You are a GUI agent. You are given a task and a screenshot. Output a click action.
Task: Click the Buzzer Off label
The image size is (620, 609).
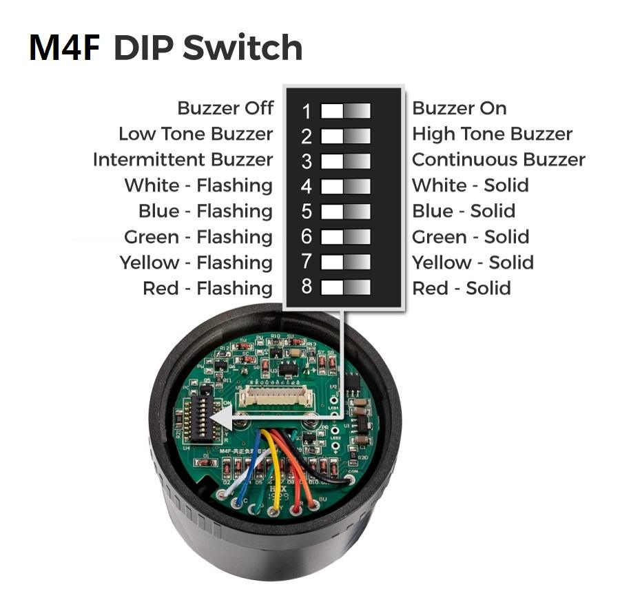225,108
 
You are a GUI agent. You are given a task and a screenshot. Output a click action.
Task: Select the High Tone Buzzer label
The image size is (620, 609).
492,134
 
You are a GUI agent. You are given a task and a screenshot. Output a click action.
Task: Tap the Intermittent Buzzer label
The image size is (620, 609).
183,160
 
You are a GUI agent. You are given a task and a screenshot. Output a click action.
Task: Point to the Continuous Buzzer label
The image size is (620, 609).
498,160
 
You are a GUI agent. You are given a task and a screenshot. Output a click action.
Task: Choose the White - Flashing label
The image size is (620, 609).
198,185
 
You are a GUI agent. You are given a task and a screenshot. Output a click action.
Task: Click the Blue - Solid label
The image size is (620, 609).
463,211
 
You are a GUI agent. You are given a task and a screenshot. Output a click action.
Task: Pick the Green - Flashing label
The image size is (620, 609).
198,237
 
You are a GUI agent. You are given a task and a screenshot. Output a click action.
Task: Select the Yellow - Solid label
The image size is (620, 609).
472,262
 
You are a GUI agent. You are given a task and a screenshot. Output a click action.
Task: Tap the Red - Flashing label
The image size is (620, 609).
207,288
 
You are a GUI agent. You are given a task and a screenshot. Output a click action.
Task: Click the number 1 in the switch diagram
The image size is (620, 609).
307,110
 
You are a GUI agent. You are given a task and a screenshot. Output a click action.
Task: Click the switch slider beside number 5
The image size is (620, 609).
345,211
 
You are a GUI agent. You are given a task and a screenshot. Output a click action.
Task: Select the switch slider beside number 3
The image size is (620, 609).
345,161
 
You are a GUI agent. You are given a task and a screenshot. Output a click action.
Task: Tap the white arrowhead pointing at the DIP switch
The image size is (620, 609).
219,417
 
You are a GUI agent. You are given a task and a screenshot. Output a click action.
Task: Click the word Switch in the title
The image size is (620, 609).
243,48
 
